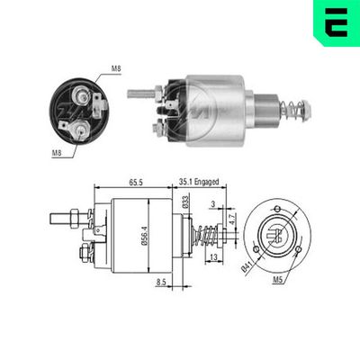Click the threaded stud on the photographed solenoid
(142, 92)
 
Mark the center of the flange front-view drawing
(275, 238)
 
